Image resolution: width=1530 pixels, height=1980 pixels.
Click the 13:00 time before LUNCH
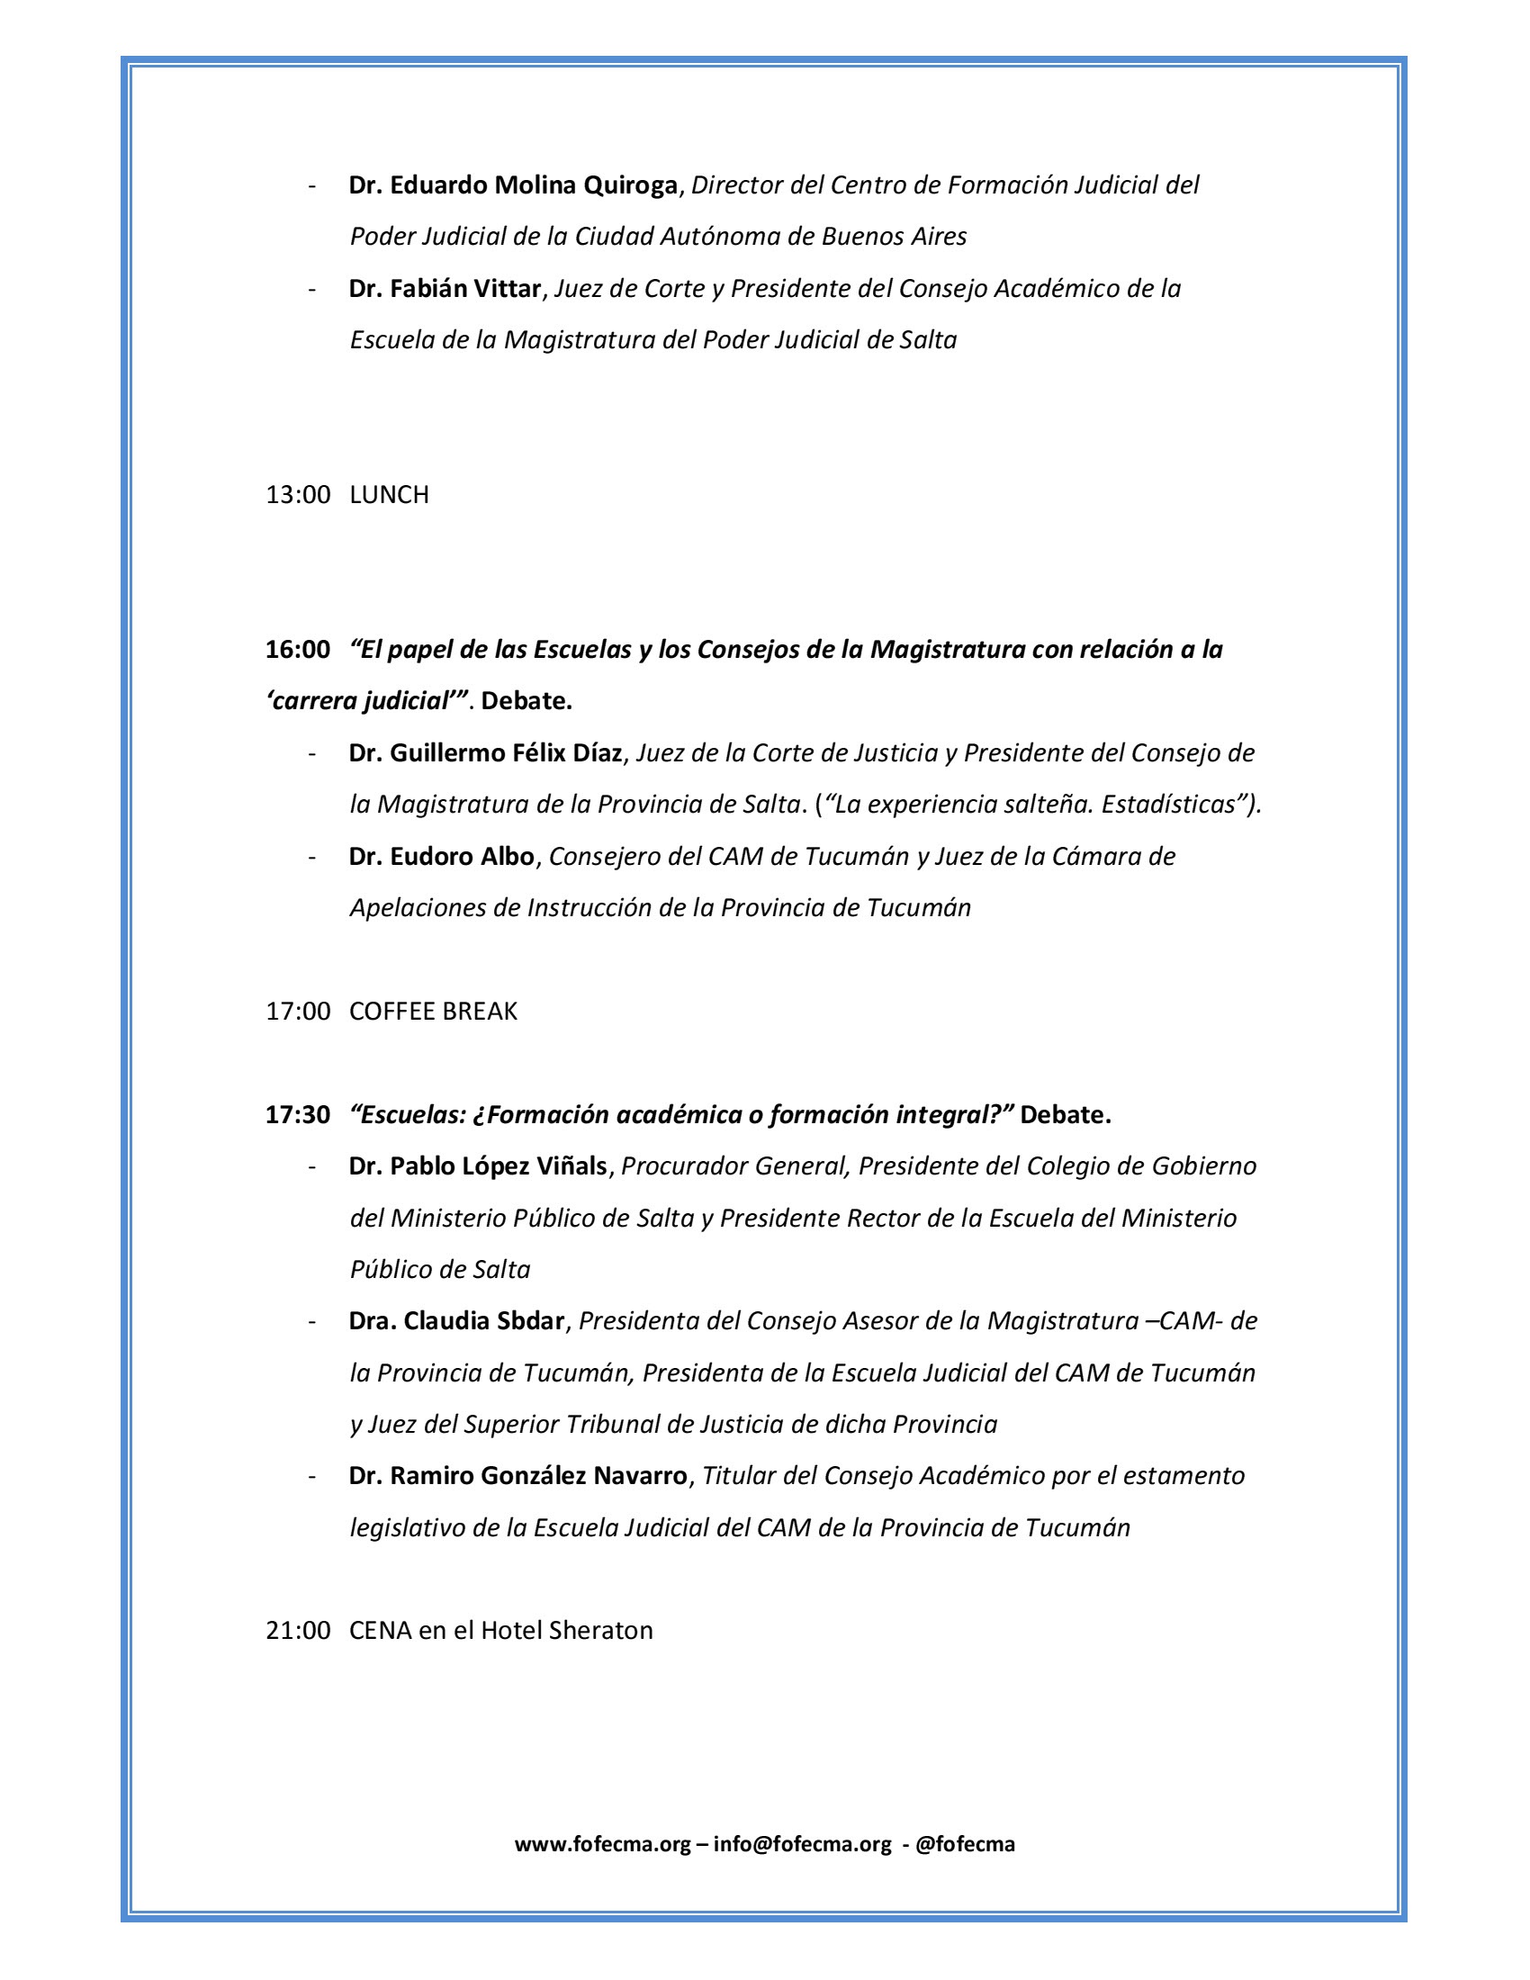297,495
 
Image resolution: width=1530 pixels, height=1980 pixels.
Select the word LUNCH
389,495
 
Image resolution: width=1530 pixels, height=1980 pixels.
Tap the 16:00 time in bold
297,650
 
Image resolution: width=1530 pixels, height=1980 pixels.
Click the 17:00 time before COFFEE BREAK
297,1012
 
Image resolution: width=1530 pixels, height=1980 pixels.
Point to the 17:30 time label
297,1115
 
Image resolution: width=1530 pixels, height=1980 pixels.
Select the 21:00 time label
297,1631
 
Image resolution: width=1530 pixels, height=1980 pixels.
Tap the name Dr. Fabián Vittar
445,289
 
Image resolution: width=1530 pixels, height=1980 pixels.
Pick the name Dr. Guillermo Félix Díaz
486,753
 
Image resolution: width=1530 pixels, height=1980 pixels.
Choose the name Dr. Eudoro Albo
441,857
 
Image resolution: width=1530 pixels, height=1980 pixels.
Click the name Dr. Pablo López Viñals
478,1166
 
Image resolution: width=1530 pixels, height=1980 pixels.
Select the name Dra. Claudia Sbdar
457,1322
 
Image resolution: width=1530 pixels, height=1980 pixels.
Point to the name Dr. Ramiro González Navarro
518,1477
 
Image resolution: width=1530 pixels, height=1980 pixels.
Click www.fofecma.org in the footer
603,1845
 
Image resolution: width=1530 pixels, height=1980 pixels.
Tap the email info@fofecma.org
802,1845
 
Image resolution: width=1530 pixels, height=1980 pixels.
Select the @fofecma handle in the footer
966,1845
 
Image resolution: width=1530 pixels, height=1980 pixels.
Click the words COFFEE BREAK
433,1012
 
